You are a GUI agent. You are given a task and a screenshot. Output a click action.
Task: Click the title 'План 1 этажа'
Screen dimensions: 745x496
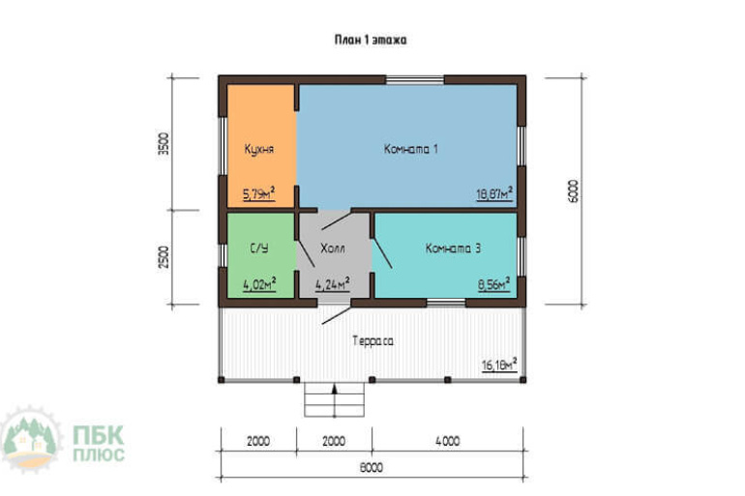point(371,40)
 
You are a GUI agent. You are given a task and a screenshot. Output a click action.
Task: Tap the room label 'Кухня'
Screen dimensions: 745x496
point(259,149)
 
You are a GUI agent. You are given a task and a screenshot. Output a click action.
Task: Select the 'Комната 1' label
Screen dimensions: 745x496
point(410,149)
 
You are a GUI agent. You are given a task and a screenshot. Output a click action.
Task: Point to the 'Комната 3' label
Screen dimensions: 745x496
point(453,248)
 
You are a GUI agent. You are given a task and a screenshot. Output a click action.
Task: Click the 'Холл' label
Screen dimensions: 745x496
point(333,248)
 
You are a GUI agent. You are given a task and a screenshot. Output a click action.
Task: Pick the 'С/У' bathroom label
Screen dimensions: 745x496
point(259,248)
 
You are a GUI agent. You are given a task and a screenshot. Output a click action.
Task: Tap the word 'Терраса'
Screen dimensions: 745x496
point(372,340)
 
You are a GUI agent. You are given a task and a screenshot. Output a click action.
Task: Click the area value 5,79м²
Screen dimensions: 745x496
point(259,193)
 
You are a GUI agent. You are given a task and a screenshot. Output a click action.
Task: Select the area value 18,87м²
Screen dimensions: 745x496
point(494,193)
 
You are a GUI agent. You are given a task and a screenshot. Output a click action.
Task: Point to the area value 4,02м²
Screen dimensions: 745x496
point(259,284)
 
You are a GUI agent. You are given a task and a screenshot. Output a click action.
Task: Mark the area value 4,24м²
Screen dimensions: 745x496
point(333,284)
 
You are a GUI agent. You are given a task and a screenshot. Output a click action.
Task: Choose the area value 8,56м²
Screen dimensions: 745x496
point(494,284)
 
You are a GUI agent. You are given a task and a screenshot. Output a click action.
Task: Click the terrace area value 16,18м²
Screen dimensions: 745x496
point(499,365)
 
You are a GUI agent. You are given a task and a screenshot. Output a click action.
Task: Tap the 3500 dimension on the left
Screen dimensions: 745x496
point(164,144)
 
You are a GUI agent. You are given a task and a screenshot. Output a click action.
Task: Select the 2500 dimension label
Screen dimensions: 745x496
point(164,257)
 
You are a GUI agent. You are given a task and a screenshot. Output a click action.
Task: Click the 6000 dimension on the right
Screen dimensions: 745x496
point(574,190)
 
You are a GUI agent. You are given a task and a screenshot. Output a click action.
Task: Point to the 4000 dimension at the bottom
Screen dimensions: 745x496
point(448,441)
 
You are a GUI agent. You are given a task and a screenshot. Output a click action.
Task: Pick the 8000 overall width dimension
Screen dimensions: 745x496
point(372,468)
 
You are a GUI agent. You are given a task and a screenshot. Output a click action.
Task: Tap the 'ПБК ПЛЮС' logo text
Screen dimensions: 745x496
point(99,444)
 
